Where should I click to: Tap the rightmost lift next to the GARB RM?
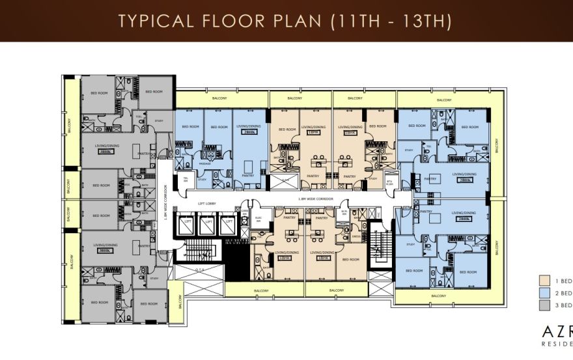[x=228, y=224]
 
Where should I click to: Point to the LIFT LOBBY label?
[x=207, y=204]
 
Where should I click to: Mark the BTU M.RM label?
[x=390, y=182]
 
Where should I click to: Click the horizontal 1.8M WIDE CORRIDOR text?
[x=316, y=198]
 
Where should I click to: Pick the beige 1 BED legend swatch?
[x=546, y=281]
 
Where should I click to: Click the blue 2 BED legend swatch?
[x=546, y=293]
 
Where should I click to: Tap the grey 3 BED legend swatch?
[x=546, y=305]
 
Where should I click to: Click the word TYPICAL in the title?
[x=155, y=20]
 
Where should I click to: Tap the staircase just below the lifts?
[x=202, y=251]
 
